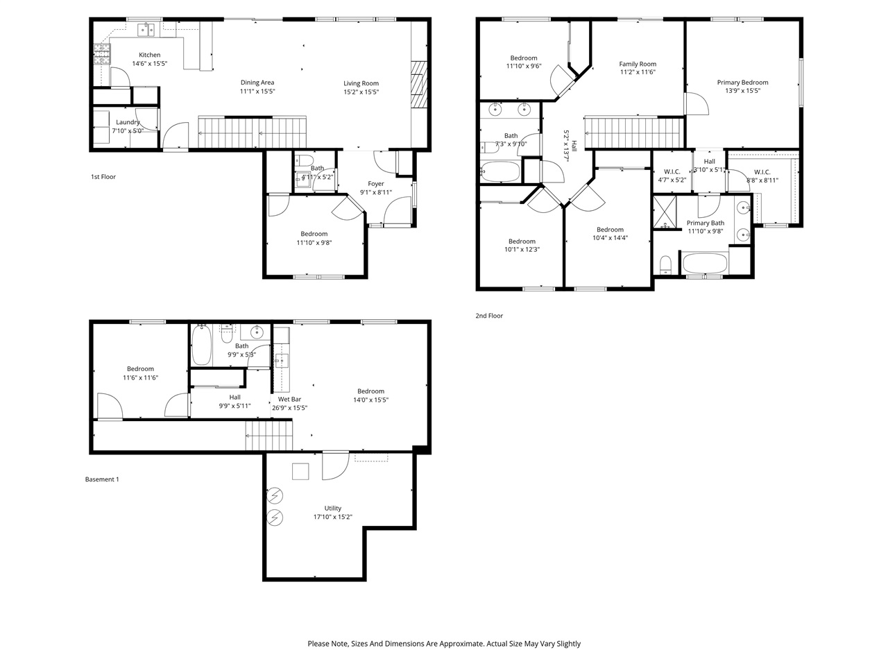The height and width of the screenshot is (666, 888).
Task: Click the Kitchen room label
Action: click(149, 55)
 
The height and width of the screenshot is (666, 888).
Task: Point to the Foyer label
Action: click(376, 184)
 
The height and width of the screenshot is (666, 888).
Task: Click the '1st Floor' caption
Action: click(103, 177)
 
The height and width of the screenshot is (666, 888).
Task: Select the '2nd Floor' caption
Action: click(489, 316)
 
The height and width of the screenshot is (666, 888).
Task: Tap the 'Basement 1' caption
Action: click(102, 479)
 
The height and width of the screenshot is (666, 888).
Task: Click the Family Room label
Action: click(638, 64)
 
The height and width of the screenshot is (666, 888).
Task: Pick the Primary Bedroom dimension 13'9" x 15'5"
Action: click(742, 91)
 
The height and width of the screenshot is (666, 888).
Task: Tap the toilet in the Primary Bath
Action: click(666, 264)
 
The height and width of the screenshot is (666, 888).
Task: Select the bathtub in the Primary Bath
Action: click(705, 264)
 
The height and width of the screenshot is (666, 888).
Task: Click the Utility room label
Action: click(333, 508)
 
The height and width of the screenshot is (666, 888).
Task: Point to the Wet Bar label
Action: click(289, 399)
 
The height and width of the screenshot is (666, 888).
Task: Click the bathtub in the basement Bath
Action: click(201, 345)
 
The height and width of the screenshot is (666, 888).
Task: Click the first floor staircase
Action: click(253, 132)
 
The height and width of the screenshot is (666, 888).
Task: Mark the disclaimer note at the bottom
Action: click(444, 644)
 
